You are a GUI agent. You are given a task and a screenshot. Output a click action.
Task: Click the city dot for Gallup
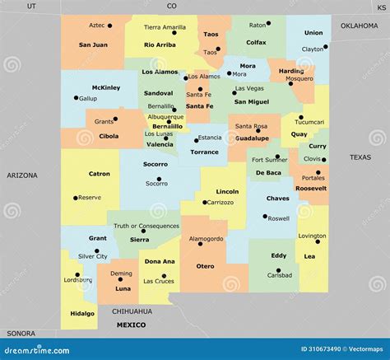tap(77, 98)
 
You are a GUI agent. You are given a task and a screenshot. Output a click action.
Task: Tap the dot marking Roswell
tap(265, 217)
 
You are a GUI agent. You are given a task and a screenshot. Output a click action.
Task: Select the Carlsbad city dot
tap(279, 270)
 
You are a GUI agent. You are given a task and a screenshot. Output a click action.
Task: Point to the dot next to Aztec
tap(110, 25)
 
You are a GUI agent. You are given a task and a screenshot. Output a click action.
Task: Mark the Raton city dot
tap(274, 26)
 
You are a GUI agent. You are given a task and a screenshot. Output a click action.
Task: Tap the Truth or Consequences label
tap(146, 226)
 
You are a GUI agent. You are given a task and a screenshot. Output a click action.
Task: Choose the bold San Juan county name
tap(95, 44)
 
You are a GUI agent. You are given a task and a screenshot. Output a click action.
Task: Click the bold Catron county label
tap(100, 174)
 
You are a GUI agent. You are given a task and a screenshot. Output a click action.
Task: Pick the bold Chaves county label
tap(277, 198)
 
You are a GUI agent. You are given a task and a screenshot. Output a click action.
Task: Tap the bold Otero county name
tap(205, 265)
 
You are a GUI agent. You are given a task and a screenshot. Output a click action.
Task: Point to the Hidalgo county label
tap(82, 313)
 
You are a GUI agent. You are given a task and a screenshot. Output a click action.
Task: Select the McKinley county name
tap(106, 87)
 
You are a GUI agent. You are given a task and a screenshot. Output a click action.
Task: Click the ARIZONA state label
tap(22, 175)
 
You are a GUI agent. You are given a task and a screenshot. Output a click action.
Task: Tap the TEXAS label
tap(360, 157)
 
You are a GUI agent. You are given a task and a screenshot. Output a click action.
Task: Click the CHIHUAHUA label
tap(132, 311)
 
